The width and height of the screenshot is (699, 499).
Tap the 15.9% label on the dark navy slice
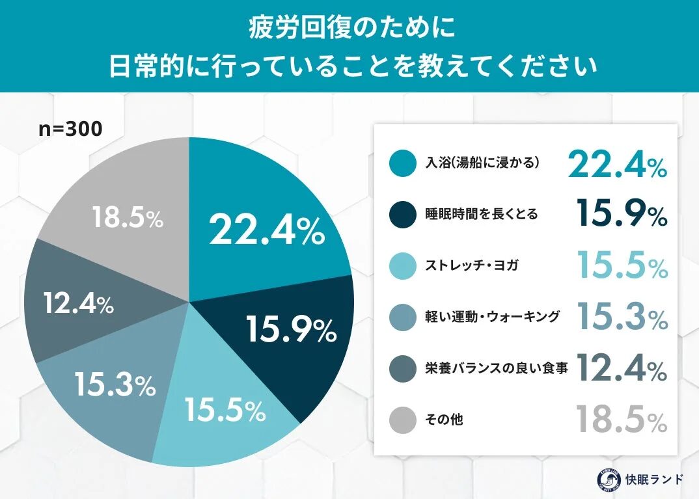coord(291,330)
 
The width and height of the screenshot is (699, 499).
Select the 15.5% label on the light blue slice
coord(225,410)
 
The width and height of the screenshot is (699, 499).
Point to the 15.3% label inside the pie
coord(115,384)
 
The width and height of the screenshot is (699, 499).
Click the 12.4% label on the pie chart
coord(79,303)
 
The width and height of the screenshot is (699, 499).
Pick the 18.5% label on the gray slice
coord(127,219)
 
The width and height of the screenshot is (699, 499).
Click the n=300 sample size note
coord(70,129)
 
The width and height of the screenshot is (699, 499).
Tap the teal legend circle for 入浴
coord(402,163)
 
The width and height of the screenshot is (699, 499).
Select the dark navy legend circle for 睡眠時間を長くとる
coord(402,214)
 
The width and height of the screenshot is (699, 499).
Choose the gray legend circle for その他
coord(402,420)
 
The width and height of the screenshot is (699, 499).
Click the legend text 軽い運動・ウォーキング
coord(493,317)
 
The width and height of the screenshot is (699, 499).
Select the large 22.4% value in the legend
coord(617,163)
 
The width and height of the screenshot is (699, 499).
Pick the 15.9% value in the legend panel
coord(622,213)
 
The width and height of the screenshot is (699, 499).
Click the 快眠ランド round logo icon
coord(609,479)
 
